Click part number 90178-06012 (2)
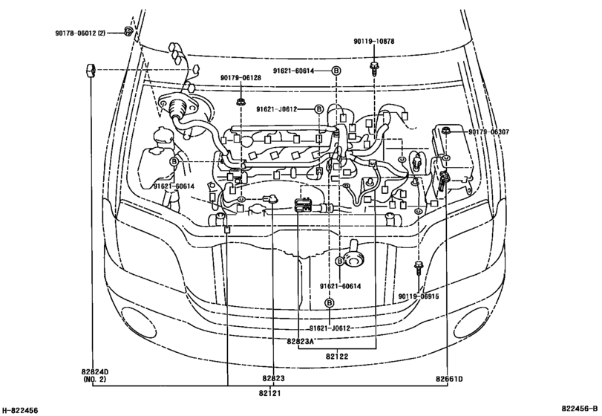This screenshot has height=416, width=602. click(80, 33)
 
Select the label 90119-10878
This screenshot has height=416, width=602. click(373, 41)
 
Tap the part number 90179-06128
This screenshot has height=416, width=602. click(241, 77)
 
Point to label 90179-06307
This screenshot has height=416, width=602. click(488, 132)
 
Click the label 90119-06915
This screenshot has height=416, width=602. click(419, 296)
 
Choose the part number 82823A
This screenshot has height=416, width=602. click(300, 341)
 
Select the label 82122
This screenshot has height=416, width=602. click(337, 357)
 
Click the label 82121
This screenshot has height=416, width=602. click(269, 393)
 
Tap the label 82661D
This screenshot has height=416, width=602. click(449, 379)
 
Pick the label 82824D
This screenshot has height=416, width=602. click(95, 372)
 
